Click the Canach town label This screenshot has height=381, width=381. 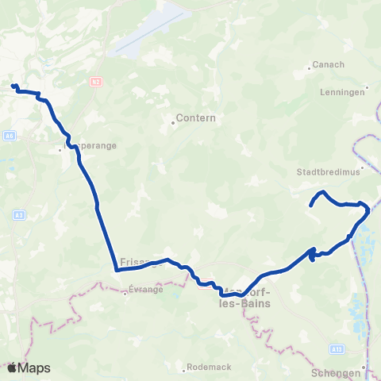[329, 65]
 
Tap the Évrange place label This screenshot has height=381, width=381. [146, 290]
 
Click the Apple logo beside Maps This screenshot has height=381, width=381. [12, 368]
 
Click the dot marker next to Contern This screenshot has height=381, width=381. [172, 122]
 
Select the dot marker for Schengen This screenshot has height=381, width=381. [364, 366]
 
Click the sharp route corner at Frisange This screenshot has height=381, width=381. [117, 270]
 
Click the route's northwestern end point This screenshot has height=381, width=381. [13, 86]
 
